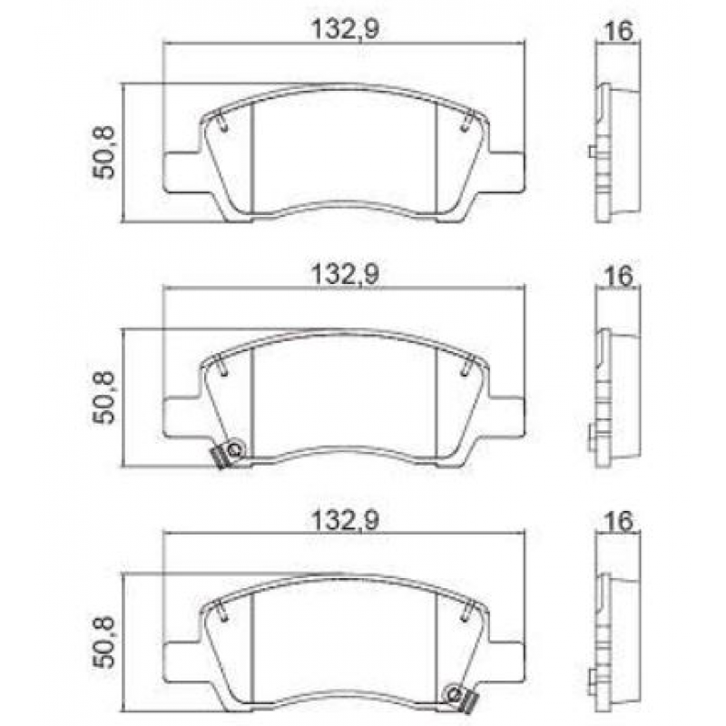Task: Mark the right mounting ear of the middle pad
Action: pyautogui.click(x=505, y=417)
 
